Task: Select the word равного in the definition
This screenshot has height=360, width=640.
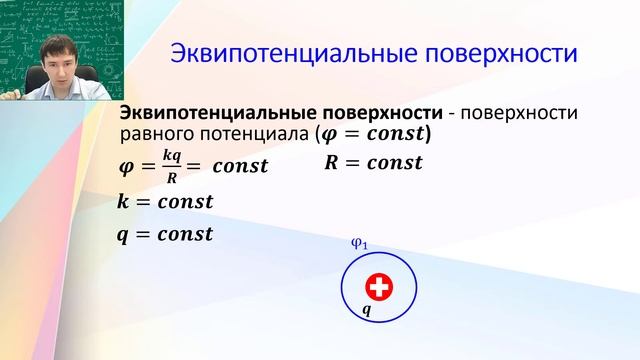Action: tap(153, 132)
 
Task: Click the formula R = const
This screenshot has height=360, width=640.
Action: tap(373, 161)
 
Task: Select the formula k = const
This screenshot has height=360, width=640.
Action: tap(165, 201)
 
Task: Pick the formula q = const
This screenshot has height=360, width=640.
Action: tap(165, 235)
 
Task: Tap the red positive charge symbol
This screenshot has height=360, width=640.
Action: tap(378, 288)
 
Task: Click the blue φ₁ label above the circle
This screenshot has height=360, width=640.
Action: tap(361, 243)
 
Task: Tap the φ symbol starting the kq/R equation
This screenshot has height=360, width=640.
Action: tap(125, 167)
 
